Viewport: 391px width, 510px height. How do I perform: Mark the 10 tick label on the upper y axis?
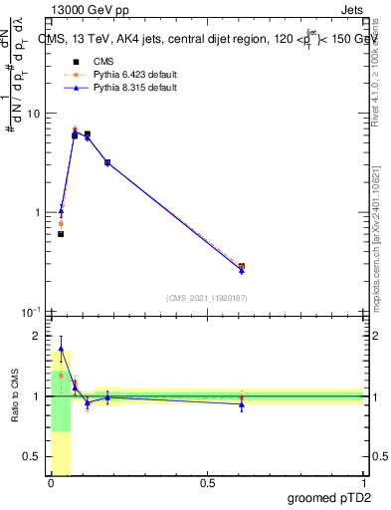33,114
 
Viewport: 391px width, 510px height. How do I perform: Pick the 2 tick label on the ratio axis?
38,336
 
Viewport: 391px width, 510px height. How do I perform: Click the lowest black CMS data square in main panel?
61,234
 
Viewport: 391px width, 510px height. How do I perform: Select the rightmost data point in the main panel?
242,267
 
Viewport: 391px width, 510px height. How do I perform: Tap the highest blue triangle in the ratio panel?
61,350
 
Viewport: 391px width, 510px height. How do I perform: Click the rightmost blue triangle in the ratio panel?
242,403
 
